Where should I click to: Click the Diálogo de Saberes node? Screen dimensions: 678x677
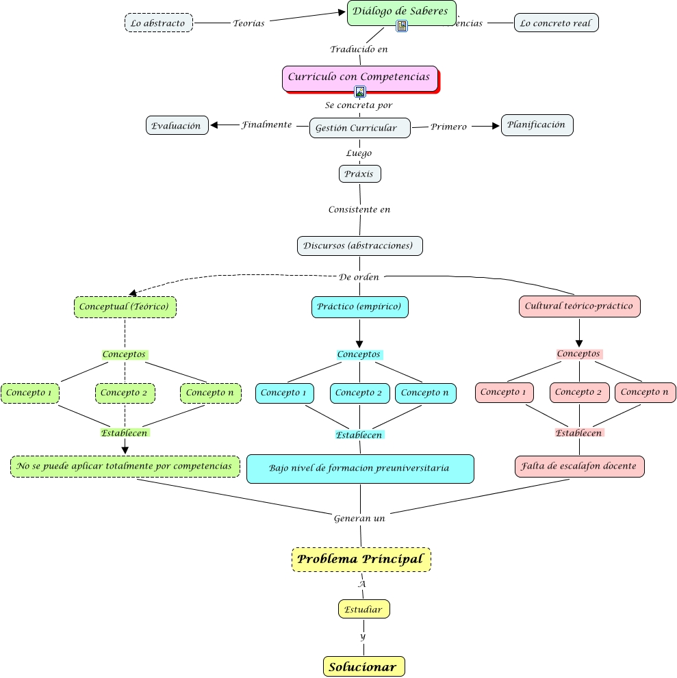point(401,12)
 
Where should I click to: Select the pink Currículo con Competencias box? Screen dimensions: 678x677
point(359,77)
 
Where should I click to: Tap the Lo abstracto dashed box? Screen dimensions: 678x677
point(159,23)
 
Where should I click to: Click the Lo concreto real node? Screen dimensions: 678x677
point(556,23)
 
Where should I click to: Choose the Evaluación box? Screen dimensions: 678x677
point(177,125)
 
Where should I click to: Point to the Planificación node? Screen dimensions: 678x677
point(537,125)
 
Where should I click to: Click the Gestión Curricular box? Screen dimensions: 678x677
point(359,128)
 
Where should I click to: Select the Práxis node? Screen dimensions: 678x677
point(359,174)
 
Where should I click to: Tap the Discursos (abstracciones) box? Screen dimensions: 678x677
point(359,246)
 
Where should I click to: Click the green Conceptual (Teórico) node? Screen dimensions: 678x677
point(125,307)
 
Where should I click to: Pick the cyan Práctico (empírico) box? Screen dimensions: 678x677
point(359,307)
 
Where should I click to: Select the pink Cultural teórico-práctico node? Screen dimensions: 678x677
point(579,307)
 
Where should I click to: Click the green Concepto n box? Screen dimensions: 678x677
point(210,393)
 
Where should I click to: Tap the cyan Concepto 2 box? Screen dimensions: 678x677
point(359,393)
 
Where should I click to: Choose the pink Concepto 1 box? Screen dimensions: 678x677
point(504,392)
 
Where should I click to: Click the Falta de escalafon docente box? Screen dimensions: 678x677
point(579,466)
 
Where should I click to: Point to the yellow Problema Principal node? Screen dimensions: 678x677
point(361,560)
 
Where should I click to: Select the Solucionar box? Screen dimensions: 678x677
point(363,667)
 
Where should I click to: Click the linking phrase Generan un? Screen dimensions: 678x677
point(359,518)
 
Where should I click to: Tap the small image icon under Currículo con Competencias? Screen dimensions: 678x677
point(360,92)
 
